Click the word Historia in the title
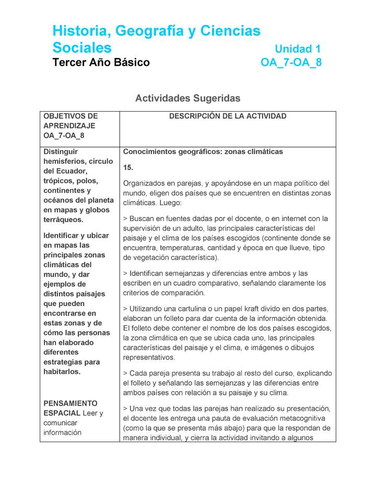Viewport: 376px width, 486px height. click(x=78, y=31)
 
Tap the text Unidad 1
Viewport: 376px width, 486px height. click(x=297, y=49)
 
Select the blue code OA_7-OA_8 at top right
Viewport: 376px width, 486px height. click(x=291, y=63)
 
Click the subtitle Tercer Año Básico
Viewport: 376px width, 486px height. click(x=101, y=63)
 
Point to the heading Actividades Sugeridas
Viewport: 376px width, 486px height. click(x=187, y=98)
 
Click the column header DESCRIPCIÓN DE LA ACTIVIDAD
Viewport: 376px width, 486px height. click(x=228, y=116)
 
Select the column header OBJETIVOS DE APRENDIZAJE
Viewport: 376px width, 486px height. click(x=70, y=121)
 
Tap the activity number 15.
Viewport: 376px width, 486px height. click(x=128, y=167)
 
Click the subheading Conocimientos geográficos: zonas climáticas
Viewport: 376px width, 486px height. click(x=203, y=152)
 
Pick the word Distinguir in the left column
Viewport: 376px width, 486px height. click(x=61, y=152)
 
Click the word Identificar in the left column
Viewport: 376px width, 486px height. click(x=62, y=236)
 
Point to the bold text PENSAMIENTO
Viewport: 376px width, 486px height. click(x=70, y=404)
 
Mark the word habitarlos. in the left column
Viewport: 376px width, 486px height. click(x=62, y=372)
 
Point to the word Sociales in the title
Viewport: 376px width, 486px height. click(x=82, y=48)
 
